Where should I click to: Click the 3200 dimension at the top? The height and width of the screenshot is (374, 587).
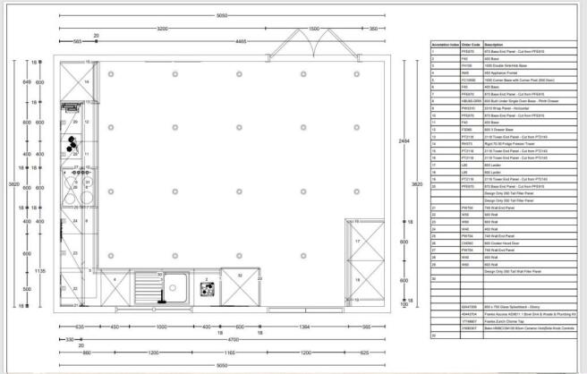point(161,30)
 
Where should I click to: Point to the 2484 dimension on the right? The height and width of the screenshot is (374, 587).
point(403,140)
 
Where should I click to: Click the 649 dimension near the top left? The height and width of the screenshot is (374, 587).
point(26,81)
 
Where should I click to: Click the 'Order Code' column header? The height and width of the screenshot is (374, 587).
point(471,44)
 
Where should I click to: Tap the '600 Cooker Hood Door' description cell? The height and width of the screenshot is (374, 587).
point(501,242)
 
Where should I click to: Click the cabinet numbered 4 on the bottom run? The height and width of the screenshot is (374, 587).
point(115,280)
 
